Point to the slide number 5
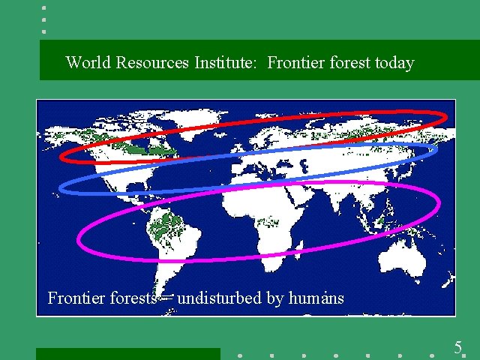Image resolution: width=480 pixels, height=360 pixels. point(457,347)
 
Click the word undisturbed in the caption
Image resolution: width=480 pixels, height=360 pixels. point(220,298)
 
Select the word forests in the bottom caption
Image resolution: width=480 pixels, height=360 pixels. point(133,298)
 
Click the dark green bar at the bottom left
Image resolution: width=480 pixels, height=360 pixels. point(127,354)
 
